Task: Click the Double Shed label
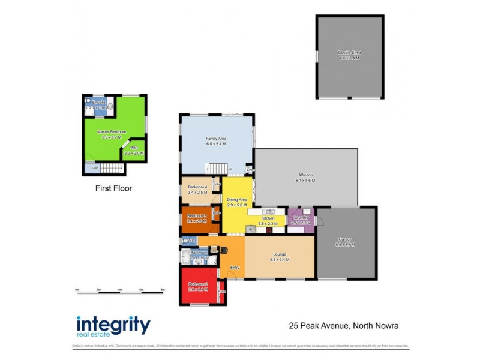point(349,53)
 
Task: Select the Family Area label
point(215,139)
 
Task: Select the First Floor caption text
point(113,188)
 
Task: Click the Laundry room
point(301,220)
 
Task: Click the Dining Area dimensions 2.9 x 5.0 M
point(236,205)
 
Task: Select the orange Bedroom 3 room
point(196,220)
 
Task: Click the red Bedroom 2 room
point(199,286)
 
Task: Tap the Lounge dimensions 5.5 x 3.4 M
point(279,260)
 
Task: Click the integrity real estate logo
point(113,327)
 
